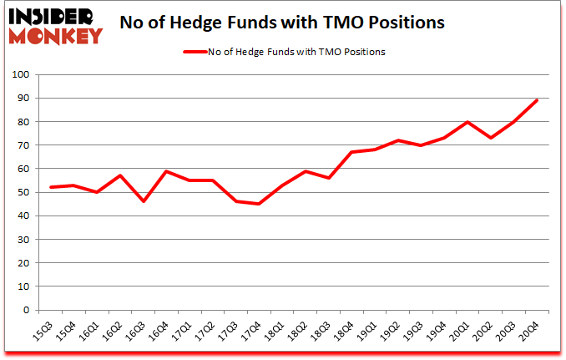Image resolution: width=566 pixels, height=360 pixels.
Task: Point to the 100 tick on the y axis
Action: click(x=22, y=75)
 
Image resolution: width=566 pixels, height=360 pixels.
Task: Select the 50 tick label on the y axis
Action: click(x=24, y=193)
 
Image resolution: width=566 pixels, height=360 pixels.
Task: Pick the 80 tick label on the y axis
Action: click(x=24, y=122)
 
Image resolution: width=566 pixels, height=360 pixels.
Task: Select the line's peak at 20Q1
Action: click(x=468, y=122)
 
